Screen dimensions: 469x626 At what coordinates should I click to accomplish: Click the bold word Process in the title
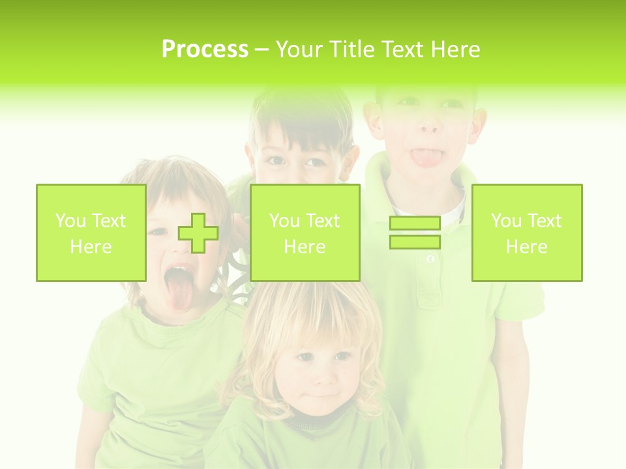coord(205,50)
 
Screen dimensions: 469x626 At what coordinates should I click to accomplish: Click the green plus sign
coord(198,233)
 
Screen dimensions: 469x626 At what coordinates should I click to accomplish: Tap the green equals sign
coord(415,233)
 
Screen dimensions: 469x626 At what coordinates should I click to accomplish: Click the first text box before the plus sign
coord(91,233)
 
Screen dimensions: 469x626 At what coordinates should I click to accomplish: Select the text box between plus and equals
coord(305,233)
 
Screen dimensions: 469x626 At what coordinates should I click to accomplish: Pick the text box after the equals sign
coord(526,233)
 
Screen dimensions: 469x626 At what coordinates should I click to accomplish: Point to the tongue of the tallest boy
coord(425,158)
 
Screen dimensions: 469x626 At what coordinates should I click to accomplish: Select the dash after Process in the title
coord(261,50)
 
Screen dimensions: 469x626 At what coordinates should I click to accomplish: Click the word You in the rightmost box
coord(505,221)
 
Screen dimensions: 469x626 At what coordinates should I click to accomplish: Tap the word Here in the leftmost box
coord(91,246)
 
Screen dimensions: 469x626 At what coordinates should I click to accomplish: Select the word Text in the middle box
coord(322,221)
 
